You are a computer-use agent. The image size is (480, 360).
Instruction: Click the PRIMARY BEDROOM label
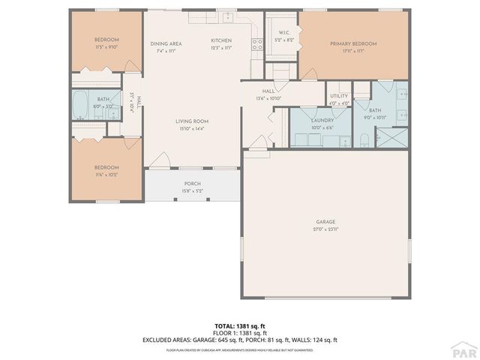[353, 43]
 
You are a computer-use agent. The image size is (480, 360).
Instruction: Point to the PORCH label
[192, 184]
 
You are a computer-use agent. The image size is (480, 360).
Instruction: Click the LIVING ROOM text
[192, 121]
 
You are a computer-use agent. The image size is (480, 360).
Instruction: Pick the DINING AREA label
[166, 43]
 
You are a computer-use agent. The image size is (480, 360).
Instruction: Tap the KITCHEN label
[220, 40]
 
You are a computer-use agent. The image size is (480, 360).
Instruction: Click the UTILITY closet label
[339, 97]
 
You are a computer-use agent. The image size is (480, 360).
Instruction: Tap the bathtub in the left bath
[80, 106]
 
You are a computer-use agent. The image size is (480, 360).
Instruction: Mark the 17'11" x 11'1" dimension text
[353, 51]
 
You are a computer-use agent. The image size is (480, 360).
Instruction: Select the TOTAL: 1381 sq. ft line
[239, 326]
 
